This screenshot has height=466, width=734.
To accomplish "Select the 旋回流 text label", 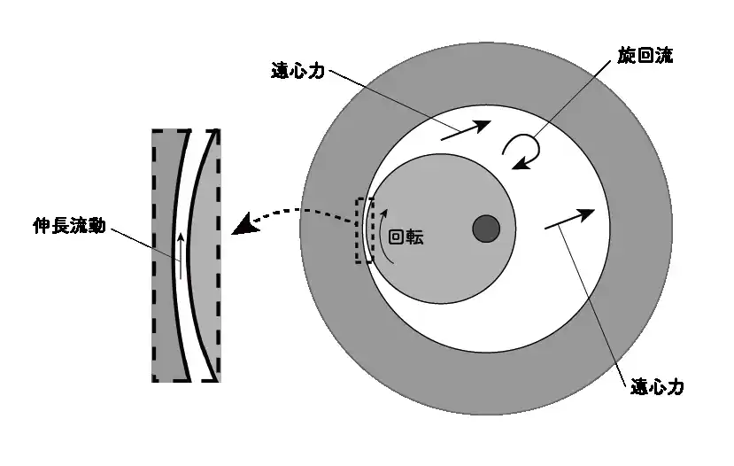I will click(x=645, y=56).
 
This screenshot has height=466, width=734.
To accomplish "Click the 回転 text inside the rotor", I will click(x=406, y=237).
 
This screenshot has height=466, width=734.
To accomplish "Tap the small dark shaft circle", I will click(x=486, y=229).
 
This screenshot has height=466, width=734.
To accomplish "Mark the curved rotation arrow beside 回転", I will click(x=383, y=235).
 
